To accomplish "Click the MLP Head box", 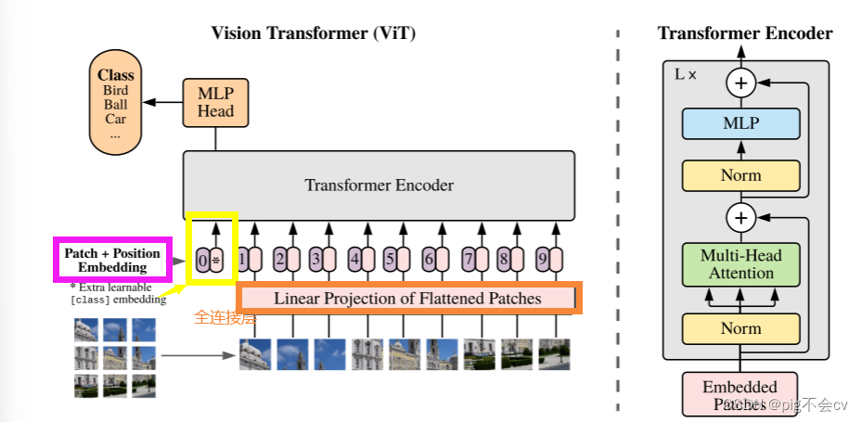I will pos(216,102).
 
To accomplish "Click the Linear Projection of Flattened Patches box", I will pos(408,298).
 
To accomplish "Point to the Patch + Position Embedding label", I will pos(112,260).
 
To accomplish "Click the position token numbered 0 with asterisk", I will pos(211,261).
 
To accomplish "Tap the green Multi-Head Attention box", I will pos(740,264).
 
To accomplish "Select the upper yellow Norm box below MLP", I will pos(740,175).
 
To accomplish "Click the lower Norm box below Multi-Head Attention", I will pos(740,328).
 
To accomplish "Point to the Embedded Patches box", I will pos(740,393).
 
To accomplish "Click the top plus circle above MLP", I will pos(740,83).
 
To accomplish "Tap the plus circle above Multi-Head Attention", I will pos(740,219).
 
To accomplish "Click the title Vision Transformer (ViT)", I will pos(314,33).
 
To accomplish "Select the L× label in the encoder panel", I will pos(685,72).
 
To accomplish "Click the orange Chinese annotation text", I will pos(225,317).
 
